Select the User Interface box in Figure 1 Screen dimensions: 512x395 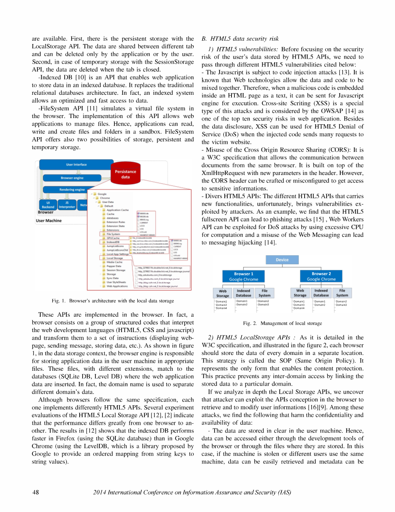[x=76, y=165]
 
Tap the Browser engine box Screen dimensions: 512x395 [x=72, y=178]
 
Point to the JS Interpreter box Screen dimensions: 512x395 [x=67, y=204]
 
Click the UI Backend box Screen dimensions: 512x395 [x=48, y=204]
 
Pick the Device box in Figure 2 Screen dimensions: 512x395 [x=282, y=260]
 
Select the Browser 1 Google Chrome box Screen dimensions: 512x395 [x=244, y=276]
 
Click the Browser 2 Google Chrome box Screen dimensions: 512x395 [x=321, y=276]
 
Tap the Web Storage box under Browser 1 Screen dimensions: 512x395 [x=222, y=293]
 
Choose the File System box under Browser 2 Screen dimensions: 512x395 [x=342, y=293]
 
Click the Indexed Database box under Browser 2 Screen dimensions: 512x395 [x=321, y=293]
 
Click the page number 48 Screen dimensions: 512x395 [x=36, y=492]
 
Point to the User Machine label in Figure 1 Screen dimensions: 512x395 [x=49, y=221]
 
